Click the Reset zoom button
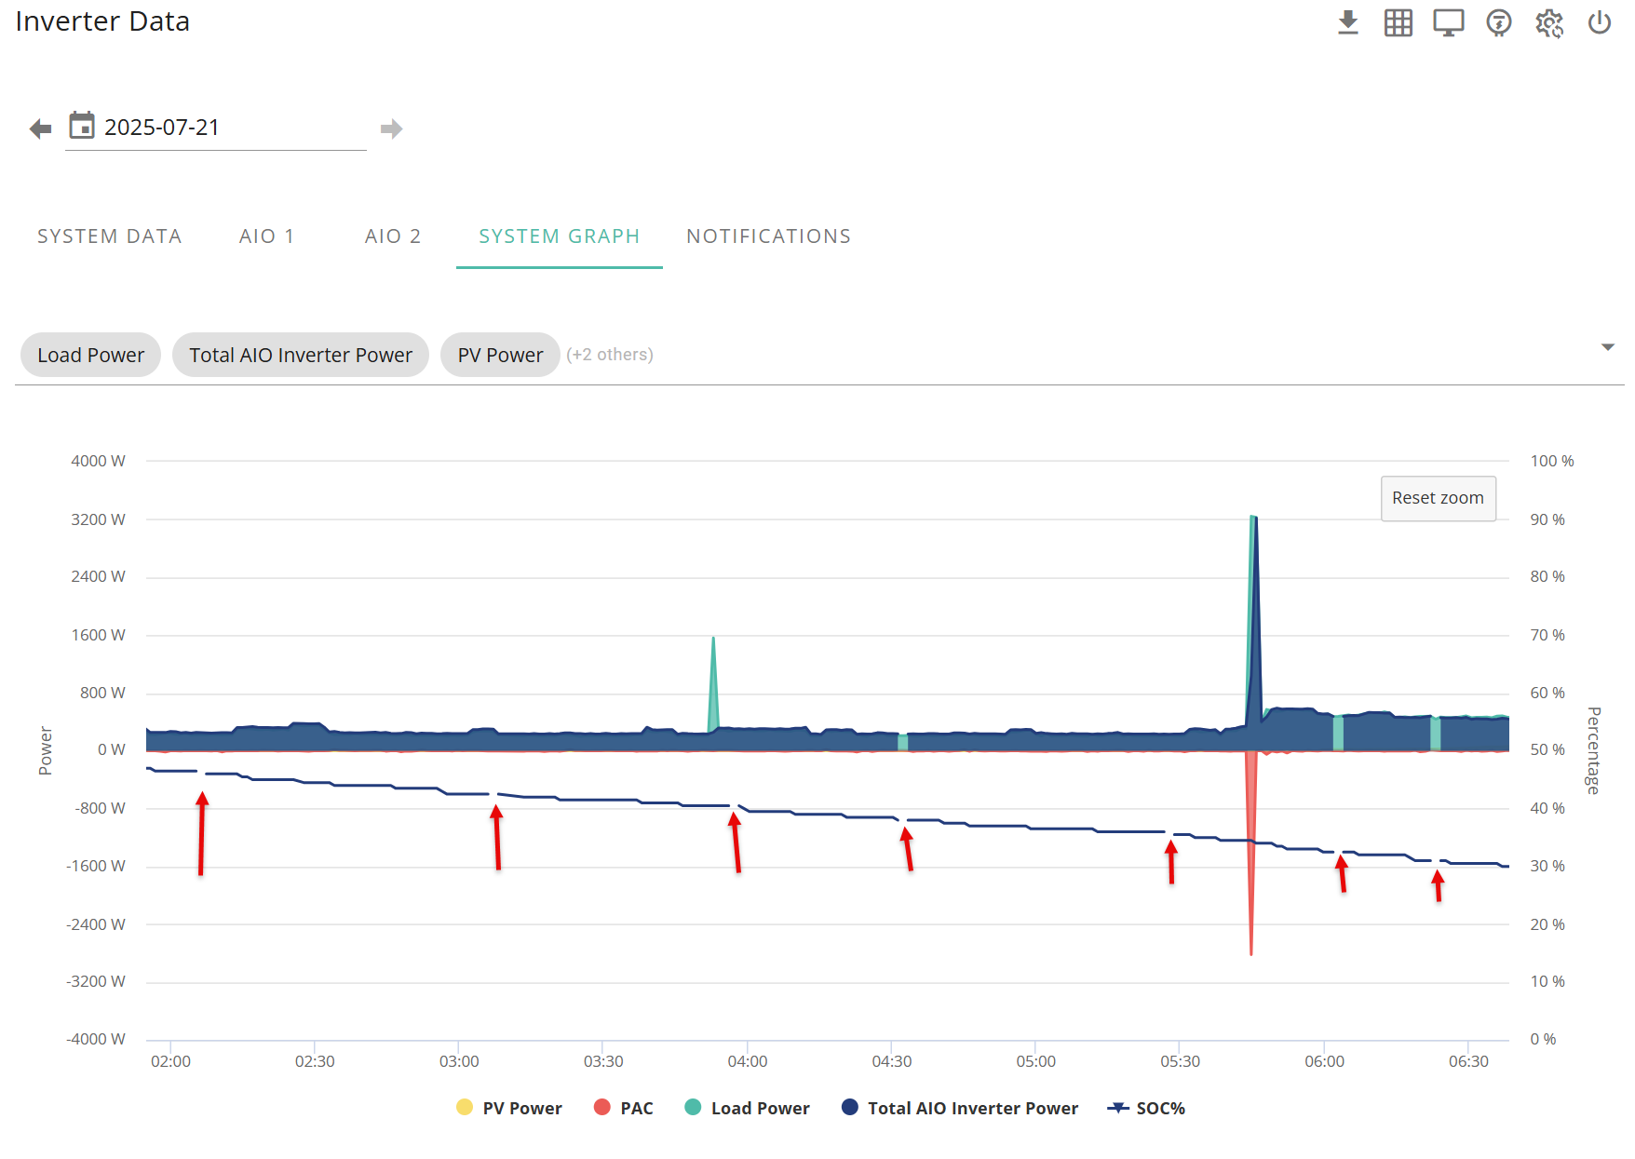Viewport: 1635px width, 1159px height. pyautogui.click(x=1438, y=498)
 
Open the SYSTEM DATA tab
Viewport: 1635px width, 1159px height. pyautogui.click(x=110, y=236)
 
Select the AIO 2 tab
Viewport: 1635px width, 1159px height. pyautogui.click(x=393, y=236)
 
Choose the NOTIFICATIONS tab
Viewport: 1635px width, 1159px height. pyautogui.click(x=769, y=236)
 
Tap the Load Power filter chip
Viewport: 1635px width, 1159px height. pyautogui.click(x=90, y=355)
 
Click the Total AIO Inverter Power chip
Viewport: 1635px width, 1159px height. pyautogui.click(x=301, y=355)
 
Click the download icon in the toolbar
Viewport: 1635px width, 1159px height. pyautogui.click(x=1348, y=22)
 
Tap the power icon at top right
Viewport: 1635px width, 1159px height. pyautogui.click(x=1600, y=22)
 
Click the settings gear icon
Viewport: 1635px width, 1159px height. pyautogui.click(x=1549, y=22)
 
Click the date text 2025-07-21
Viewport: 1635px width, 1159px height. pyautogui.click(x=162, y=128)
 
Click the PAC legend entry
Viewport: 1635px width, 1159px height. pyautogui.click(x=624, y=1108)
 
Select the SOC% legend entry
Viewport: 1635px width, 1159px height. pyautogui.click(x=1146, y=1108)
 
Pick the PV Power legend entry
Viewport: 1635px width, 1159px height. pyautogui.click(x=509, y=1108)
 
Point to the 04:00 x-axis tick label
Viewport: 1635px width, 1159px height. pyautogui.click(x=748, y=1061)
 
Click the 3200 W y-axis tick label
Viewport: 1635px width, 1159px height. pyautogui.click(x=98, y=519)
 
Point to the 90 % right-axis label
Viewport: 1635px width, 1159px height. pyautogui.click(x=1547, y=519)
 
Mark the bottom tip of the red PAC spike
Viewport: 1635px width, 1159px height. pyautogui.click(x=1251, y=954)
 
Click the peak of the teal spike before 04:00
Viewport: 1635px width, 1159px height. pyautogui.click(x=713, y=638)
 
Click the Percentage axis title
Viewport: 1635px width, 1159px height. pyautogui.click(x=1594, y=750)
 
